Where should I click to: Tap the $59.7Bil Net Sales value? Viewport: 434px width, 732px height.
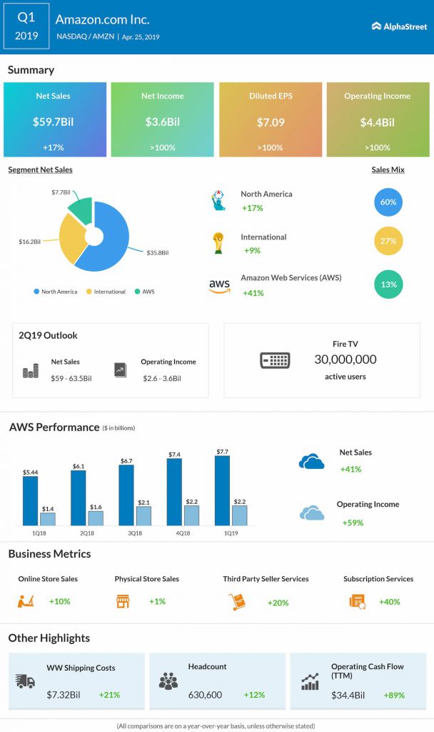click(54, 122)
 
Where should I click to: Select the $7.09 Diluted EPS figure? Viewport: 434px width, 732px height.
click(271, 122)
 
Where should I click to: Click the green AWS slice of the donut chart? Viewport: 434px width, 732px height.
click(81, 211)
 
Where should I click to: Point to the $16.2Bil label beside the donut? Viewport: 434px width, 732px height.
click(31, 242)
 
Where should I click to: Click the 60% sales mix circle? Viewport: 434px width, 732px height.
click(388, 202)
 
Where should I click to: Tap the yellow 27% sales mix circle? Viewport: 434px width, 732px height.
click(388, 241)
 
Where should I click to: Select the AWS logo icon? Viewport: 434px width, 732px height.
click(219, 285)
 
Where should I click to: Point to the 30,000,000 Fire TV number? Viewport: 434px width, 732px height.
click(345, 360)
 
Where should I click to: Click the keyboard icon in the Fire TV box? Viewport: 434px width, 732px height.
click(274, 360)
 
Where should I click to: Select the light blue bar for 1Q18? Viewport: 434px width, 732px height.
click(47, 519)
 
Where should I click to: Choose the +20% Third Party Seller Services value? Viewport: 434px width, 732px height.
click(278, 603)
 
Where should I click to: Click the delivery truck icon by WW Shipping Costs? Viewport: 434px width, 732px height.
click(25, 681)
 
